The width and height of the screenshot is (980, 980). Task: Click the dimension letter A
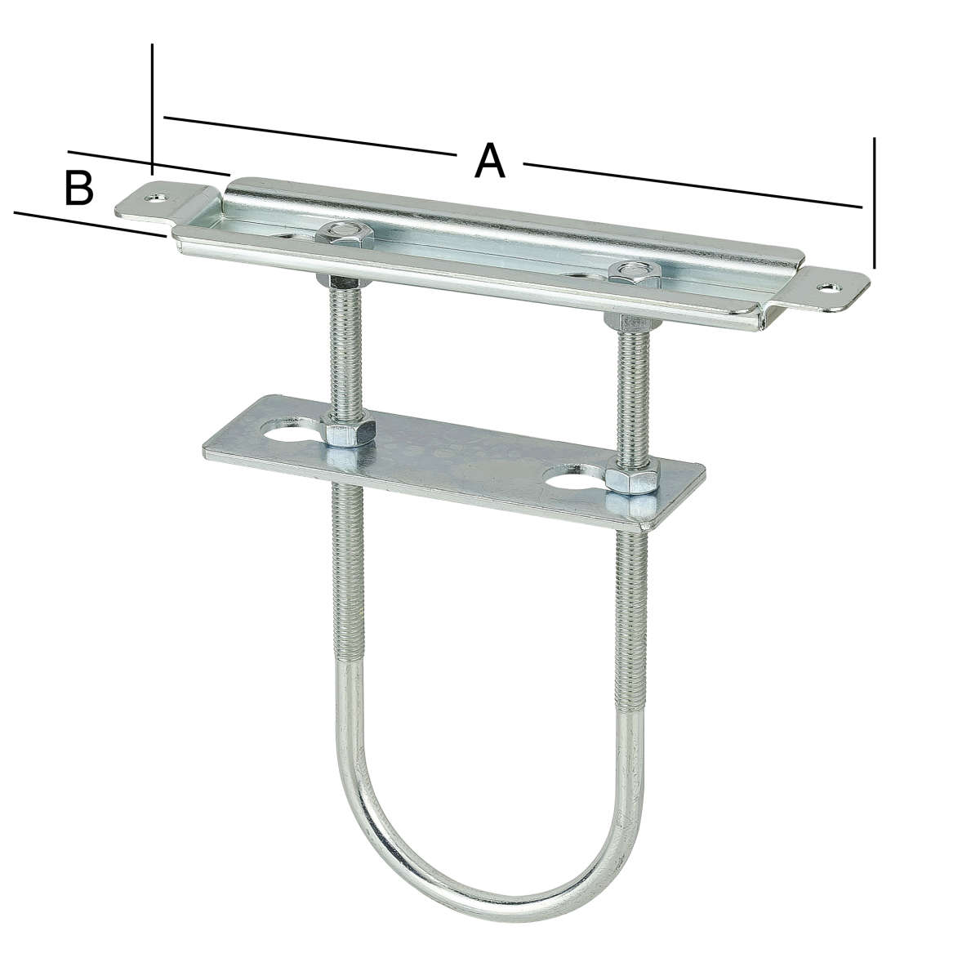tap(490, 161)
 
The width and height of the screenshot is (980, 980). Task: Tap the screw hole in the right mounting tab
tap(830, 288)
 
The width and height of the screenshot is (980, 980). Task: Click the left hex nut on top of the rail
tap(345, 234)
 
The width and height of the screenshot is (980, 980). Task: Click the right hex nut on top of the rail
tap(635, 274)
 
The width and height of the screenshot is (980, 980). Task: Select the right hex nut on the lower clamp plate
tap(633, 478)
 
